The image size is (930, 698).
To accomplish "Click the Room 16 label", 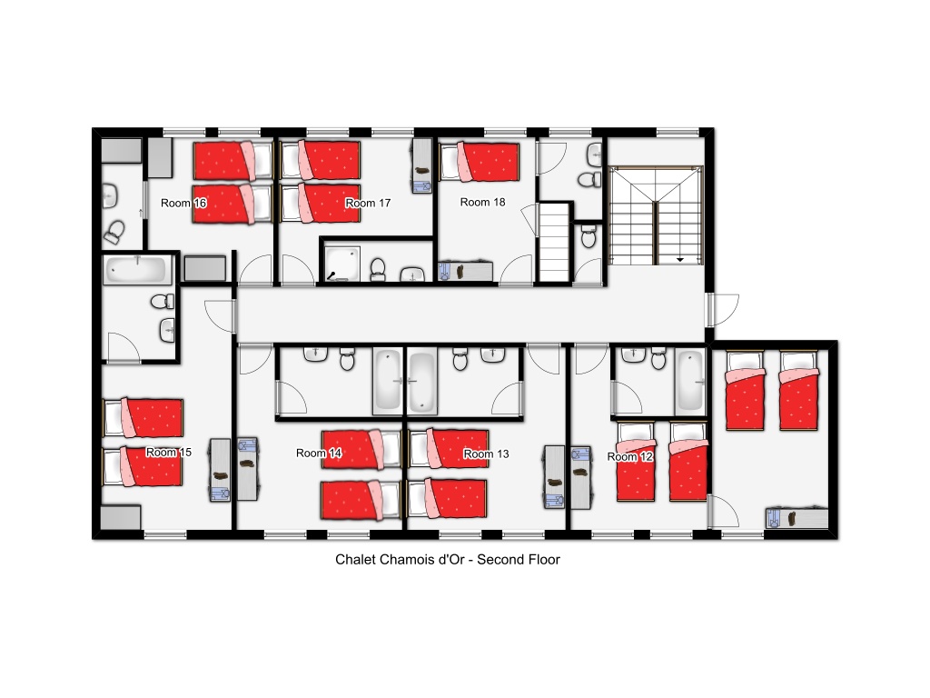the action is pyautogui.click(x=183, y=203).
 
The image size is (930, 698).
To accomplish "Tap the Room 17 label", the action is pyautogui.click(x=368, y=203).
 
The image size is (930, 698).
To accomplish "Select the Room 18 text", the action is pyautogui.click(x=483, y=202).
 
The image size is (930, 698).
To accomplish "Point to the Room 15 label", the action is pyautogui.click(x=168, y=453).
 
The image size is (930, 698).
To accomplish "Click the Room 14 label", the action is pyautogui.click(x=319, y=453).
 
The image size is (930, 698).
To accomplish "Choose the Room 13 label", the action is pyautogui.click(x=487, y=454).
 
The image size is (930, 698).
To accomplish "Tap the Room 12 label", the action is pyautogui.click(x=630, y=456).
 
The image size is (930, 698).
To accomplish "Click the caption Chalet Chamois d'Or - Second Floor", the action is pyautogui.click(x=448, y=560).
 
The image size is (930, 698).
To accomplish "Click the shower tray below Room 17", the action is pyautogui.click(x=342, y=264).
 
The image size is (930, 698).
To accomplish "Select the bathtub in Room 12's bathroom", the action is pyautogui.click(x=689, y=382).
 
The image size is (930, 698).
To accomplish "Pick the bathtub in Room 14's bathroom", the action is pyautogui.click(x=387, y=382).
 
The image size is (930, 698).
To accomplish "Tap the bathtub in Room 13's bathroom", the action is pyautogui.click(x=421, y=382).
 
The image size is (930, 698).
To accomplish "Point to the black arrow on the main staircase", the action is pyautogui.click(x=680, y=260).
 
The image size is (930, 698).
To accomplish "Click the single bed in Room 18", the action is pyautogui.click(x=480, y=161).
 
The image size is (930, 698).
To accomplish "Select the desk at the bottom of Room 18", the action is pyautogui.click(x=466, y=271).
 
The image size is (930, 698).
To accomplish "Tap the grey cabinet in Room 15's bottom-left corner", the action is pyautogui.click(x=121, y=517).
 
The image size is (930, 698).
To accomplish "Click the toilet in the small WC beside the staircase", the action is pyautogui.click(x=589, y=237).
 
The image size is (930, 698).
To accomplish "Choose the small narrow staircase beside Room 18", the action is pyautogui.click(x=555, y=242).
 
